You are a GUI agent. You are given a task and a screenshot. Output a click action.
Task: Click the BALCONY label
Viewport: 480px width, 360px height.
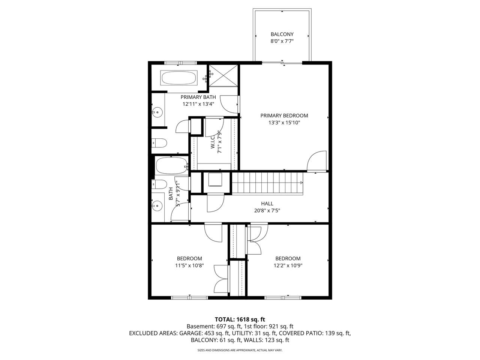[x=282, y=34]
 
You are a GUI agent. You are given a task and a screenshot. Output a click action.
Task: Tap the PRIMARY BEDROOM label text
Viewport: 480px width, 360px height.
[x=284, y=115]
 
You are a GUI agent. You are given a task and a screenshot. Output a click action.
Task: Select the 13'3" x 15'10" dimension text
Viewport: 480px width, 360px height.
[x=284, y=122]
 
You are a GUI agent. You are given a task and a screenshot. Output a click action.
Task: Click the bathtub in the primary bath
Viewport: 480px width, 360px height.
[x=178, y=78]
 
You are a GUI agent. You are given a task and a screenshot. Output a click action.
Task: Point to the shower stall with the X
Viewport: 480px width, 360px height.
[x=223, y=75]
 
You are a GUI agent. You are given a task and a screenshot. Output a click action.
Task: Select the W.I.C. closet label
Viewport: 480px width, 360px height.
[x=213, y=140]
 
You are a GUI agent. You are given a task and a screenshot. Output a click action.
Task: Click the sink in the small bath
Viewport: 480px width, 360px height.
[x=157, y=205]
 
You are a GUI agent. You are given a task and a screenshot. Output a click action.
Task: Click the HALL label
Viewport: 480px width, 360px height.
[x=267, y=204]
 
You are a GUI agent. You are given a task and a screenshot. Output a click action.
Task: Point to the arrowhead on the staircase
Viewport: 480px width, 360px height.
[x=301, y=183]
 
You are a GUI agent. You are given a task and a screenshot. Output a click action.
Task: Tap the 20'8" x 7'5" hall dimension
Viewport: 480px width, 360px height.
[x=267, y=210]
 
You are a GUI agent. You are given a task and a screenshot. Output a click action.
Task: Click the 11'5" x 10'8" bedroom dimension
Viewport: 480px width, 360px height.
[x=189, y=265]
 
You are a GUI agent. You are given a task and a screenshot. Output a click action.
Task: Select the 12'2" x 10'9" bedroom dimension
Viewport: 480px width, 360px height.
[x=288, y=265]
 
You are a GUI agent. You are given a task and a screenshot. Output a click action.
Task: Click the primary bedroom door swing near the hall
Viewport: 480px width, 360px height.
[x=315, y=161]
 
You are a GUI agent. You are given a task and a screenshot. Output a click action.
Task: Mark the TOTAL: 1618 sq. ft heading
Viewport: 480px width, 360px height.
[x=240, y=319]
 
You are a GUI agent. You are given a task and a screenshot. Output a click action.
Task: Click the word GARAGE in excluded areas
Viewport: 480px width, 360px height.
[x=191, y=333]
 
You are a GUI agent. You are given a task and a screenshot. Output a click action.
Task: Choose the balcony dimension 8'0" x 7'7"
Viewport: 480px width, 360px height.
[x=282, y=41]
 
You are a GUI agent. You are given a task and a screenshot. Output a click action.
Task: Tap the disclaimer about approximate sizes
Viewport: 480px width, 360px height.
[x=240, y=350]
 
